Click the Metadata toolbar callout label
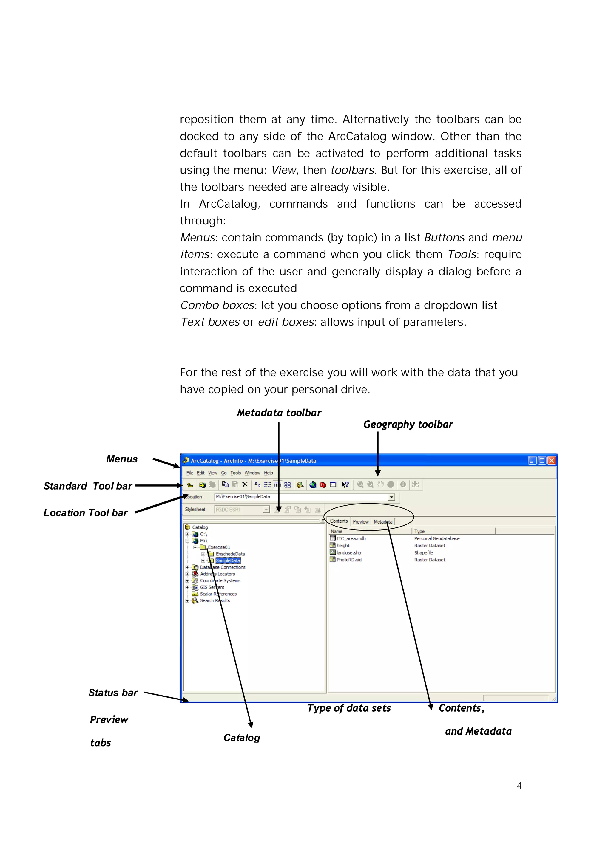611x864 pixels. [x=279, y=413]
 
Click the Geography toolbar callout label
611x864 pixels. [x=408, y=425]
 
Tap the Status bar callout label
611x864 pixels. [x=113, y=693]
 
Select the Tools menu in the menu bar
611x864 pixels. [x=235, y=473]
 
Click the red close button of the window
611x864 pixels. [x=552, y=461]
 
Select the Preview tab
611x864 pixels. [x=360, y=521]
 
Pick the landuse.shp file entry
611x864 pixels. [x=348, y=553]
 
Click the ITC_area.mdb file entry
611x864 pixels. [x=351, y=538]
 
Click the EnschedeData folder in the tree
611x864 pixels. [x=230, y=554]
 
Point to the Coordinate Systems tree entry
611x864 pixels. [x=220, y=581]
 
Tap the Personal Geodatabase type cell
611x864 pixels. [x=437, y=538]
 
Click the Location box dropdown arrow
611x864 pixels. [x=391, y=497]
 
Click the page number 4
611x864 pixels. [x=519, y=786]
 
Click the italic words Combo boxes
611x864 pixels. [x=217, y=305]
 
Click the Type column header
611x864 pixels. [x=419, y=531]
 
